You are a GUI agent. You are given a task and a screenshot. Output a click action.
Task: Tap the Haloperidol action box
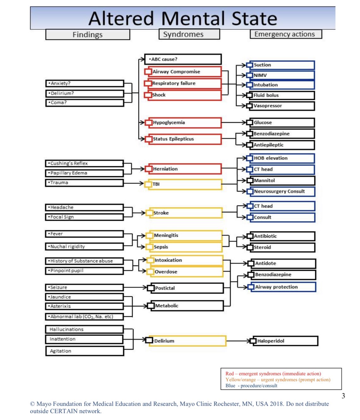pos(284,341)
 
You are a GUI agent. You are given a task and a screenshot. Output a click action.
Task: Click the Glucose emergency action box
pos(281,122)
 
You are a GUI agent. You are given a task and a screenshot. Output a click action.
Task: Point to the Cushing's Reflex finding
pos(84,163)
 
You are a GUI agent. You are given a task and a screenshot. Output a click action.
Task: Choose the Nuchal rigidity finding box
pos(84,246)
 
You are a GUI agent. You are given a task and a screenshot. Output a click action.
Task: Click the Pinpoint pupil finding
pos(84,271)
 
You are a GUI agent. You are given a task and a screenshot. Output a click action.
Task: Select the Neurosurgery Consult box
pos(281,191)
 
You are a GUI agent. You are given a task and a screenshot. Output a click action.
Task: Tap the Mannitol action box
pos(281,180)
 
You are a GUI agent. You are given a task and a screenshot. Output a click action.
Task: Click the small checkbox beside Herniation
pos(149,169)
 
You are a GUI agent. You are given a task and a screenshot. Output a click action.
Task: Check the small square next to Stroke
pos(150,213)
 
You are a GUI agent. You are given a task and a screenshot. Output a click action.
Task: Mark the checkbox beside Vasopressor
pos(250,106)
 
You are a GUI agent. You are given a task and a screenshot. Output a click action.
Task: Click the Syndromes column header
pos(189,34)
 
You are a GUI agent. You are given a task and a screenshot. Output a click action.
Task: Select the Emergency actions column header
pos(286,34)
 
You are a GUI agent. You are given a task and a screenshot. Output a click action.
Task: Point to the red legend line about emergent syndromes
pos(273,374)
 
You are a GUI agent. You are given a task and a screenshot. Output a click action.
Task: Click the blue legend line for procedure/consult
pos(251,386)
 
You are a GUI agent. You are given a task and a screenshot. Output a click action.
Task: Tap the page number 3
pos(343,396)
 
